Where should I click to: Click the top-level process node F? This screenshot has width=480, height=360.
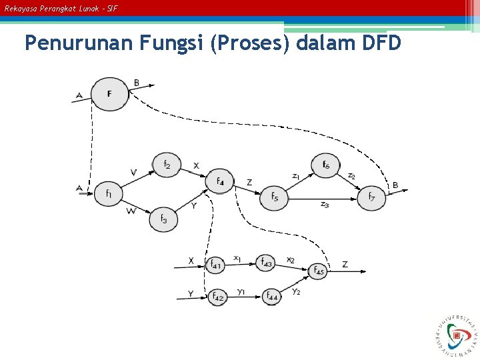pos(109,93)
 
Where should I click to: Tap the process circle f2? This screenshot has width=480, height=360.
pos(167,164)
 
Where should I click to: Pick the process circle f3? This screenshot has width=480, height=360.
pos(164,218)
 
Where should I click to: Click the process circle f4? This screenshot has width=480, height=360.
pos(220,181)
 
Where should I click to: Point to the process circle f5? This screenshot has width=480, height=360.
pos(274,197)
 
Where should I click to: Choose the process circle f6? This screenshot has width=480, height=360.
pos(325,165)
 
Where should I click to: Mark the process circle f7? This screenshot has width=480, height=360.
pos(371,197)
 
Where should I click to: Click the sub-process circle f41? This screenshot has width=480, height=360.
pos(216,265)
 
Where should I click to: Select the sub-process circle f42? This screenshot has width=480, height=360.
pos(217,297)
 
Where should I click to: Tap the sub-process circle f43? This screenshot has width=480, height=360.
pos(266,263)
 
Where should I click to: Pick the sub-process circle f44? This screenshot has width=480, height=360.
pos(271,295)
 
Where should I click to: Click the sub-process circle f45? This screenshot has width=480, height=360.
pos(319,271)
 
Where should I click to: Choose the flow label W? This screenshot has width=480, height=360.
pos(131,211)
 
